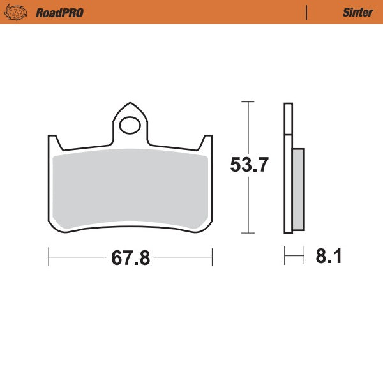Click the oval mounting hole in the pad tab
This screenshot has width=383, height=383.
pos(130,124)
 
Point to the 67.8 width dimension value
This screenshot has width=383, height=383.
pos(130,258)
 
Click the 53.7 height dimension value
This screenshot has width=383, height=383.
pos(249,165)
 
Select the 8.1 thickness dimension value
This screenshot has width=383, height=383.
pos(329,257)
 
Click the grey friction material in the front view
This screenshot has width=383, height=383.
pos(130,188)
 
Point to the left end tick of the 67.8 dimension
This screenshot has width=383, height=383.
pos(49,257)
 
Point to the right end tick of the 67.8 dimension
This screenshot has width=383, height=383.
pos(212,257)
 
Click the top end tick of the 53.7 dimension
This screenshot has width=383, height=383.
pos(248,101)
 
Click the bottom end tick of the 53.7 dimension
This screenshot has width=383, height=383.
pos(248,234)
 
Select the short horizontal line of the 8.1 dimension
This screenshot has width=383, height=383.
pos(294,257)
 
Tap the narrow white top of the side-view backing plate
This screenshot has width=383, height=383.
pos(288,118)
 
